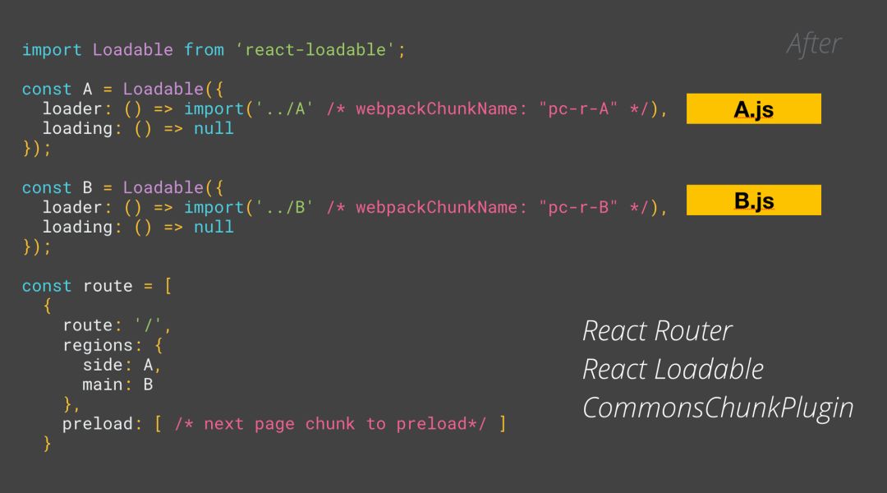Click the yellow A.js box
click(753, 108)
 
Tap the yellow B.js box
click(753, 200)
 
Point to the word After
click(813, 44)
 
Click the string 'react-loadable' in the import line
click(315, 50)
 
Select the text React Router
click(657, 331)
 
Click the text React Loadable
click(673, 370)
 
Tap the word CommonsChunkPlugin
click(718, 408)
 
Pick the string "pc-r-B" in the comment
click(578, 208)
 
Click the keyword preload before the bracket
click(97, 424)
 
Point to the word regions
click(97, 345)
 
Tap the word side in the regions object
click(102, 365)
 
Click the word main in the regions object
click(102, 385)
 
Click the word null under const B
click(214, 227)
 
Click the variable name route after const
click(107, 286)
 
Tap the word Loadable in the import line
click(132, 50)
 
